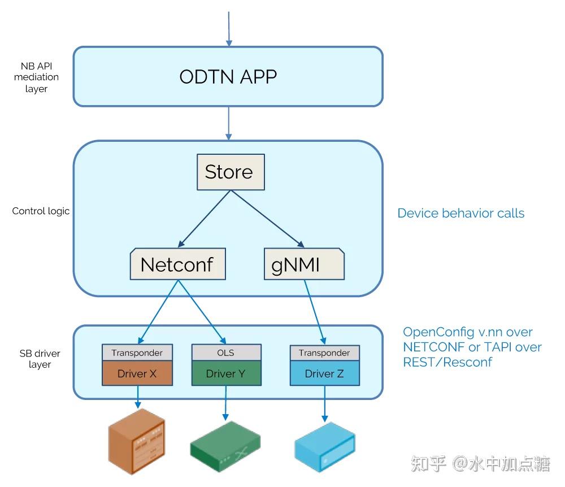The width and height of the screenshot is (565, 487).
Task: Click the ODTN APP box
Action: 228,76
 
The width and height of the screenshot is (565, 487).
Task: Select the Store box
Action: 231,172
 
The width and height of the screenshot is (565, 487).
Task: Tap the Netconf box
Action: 177,264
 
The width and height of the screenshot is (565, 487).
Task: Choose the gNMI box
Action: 304,264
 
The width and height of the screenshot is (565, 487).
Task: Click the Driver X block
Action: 137,373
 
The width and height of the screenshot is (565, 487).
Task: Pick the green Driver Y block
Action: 226,373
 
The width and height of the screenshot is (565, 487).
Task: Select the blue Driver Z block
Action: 324,373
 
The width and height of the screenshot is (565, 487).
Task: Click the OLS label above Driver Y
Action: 226,353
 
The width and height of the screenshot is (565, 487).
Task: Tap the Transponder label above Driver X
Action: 137,353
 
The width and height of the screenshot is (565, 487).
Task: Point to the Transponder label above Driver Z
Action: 324,353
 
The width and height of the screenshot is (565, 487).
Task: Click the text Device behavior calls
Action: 460,214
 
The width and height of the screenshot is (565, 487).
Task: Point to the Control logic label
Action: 41,211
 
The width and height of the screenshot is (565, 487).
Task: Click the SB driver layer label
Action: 40,359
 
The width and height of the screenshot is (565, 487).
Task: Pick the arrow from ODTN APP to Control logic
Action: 229,123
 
